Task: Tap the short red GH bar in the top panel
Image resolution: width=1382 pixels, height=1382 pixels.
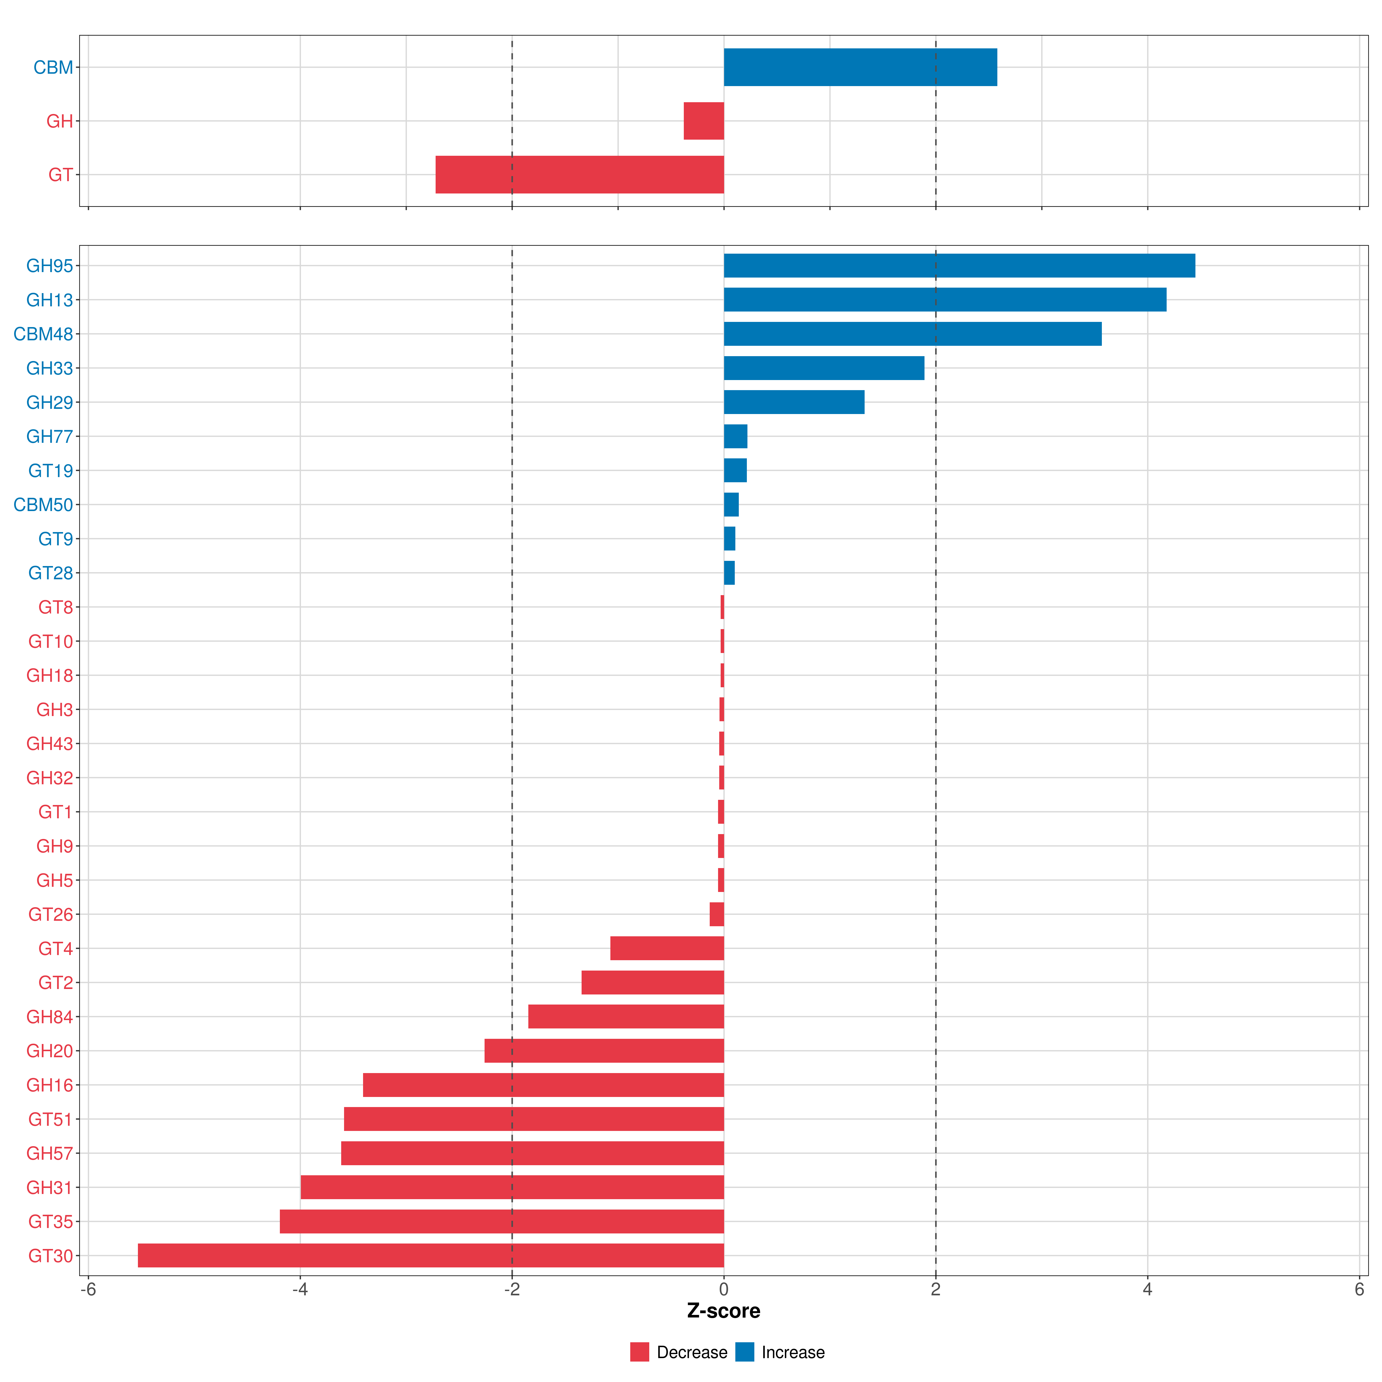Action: pos(704,121)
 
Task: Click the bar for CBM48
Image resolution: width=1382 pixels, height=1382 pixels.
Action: pos(913,334)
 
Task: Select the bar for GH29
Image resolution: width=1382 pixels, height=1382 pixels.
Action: pos(794,402)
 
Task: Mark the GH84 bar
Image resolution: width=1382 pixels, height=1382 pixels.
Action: pos(626,1016)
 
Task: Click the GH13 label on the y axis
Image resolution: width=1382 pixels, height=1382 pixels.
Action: pos(49,300)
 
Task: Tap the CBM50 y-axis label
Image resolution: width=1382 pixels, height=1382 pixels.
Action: pos(43,505)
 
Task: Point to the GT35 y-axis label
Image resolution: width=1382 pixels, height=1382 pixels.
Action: pos(50,1222)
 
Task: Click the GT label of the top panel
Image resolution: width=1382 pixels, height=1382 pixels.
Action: pos(60,174)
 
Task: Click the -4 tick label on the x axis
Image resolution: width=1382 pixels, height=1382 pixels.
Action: pos(300,1290)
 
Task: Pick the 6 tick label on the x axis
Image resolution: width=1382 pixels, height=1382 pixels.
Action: pos(1359,1290)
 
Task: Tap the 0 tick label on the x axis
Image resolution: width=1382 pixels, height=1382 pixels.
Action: pos(724,1290)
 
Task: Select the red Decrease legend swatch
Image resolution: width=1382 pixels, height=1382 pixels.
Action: pos(639,1352)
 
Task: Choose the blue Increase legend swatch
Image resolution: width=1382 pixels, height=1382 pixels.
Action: pos(745,1352)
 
